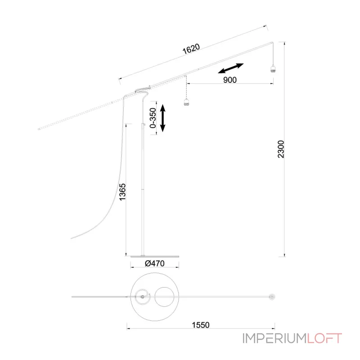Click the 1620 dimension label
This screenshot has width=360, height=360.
191,49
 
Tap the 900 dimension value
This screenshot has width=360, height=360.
230,80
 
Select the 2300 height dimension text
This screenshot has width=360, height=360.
281,149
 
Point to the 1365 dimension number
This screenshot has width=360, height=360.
122,192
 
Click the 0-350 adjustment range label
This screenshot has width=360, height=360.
153,118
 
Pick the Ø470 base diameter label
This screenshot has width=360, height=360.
155,263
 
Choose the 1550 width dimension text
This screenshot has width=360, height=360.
201,325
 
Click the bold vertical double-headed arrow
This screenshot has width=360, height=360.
162,118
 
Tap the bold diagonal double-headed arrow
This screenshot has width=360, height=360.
230,68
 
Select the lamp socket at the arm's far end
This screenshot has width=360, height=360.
273,68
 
